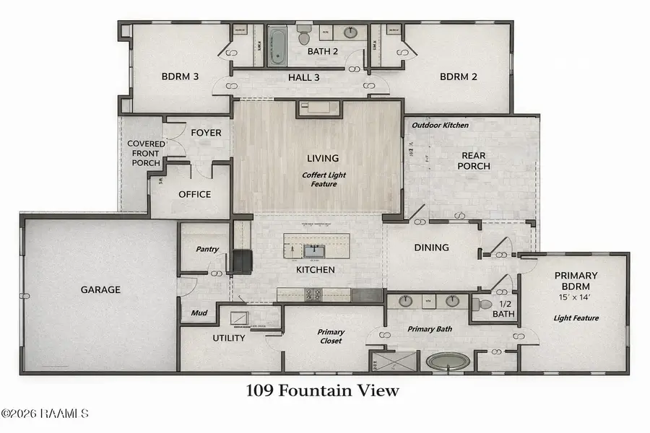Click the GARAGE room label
pos(100,289)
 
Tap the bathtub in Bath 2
pos(277,45)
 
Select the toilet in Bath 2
pos(304,36)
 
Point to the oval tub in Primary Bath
pos(447,361)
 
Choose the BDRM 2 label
pos(460,76)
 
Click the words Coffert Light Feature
pos(320,179)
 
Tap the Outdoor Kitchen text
pos(440,126)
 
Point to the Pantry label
pos(207,249)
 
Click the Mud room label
pos(199,314)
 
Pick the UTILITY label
pos(228,338)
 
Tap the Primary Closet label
pos(331,337)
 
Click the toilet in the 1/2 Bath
pos(481,305)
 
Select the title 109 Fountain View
pos(322,391)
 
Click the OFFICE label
pos(194,194)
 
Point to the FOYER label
pos(206,133)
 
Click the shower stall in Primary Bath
pos(383,362)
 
